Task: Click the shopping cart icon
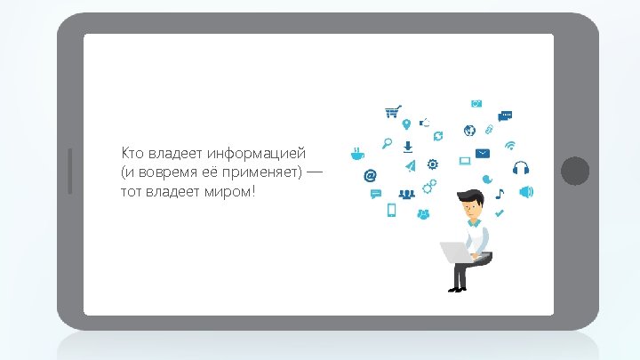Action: tap(393, 112)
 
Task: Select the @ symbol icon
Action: tap(371, 175)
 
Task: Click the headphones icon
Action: tap(522, 167)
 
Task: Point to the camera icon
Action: tap(476, 103)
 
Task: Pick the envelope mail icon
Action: tap(483, 154)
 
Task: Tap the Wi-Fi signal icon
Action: tap(510, 145)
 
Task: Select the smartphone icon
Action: tap(390, 211)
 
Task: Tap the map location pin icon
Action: tap(406, 124)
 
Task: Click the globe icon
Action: tap(469, 131)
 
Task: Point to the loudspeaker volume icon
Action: tap(525, 191)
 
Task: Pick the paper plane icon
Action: tap(410, 166)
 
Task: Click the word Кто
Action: tap(132, 154)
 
